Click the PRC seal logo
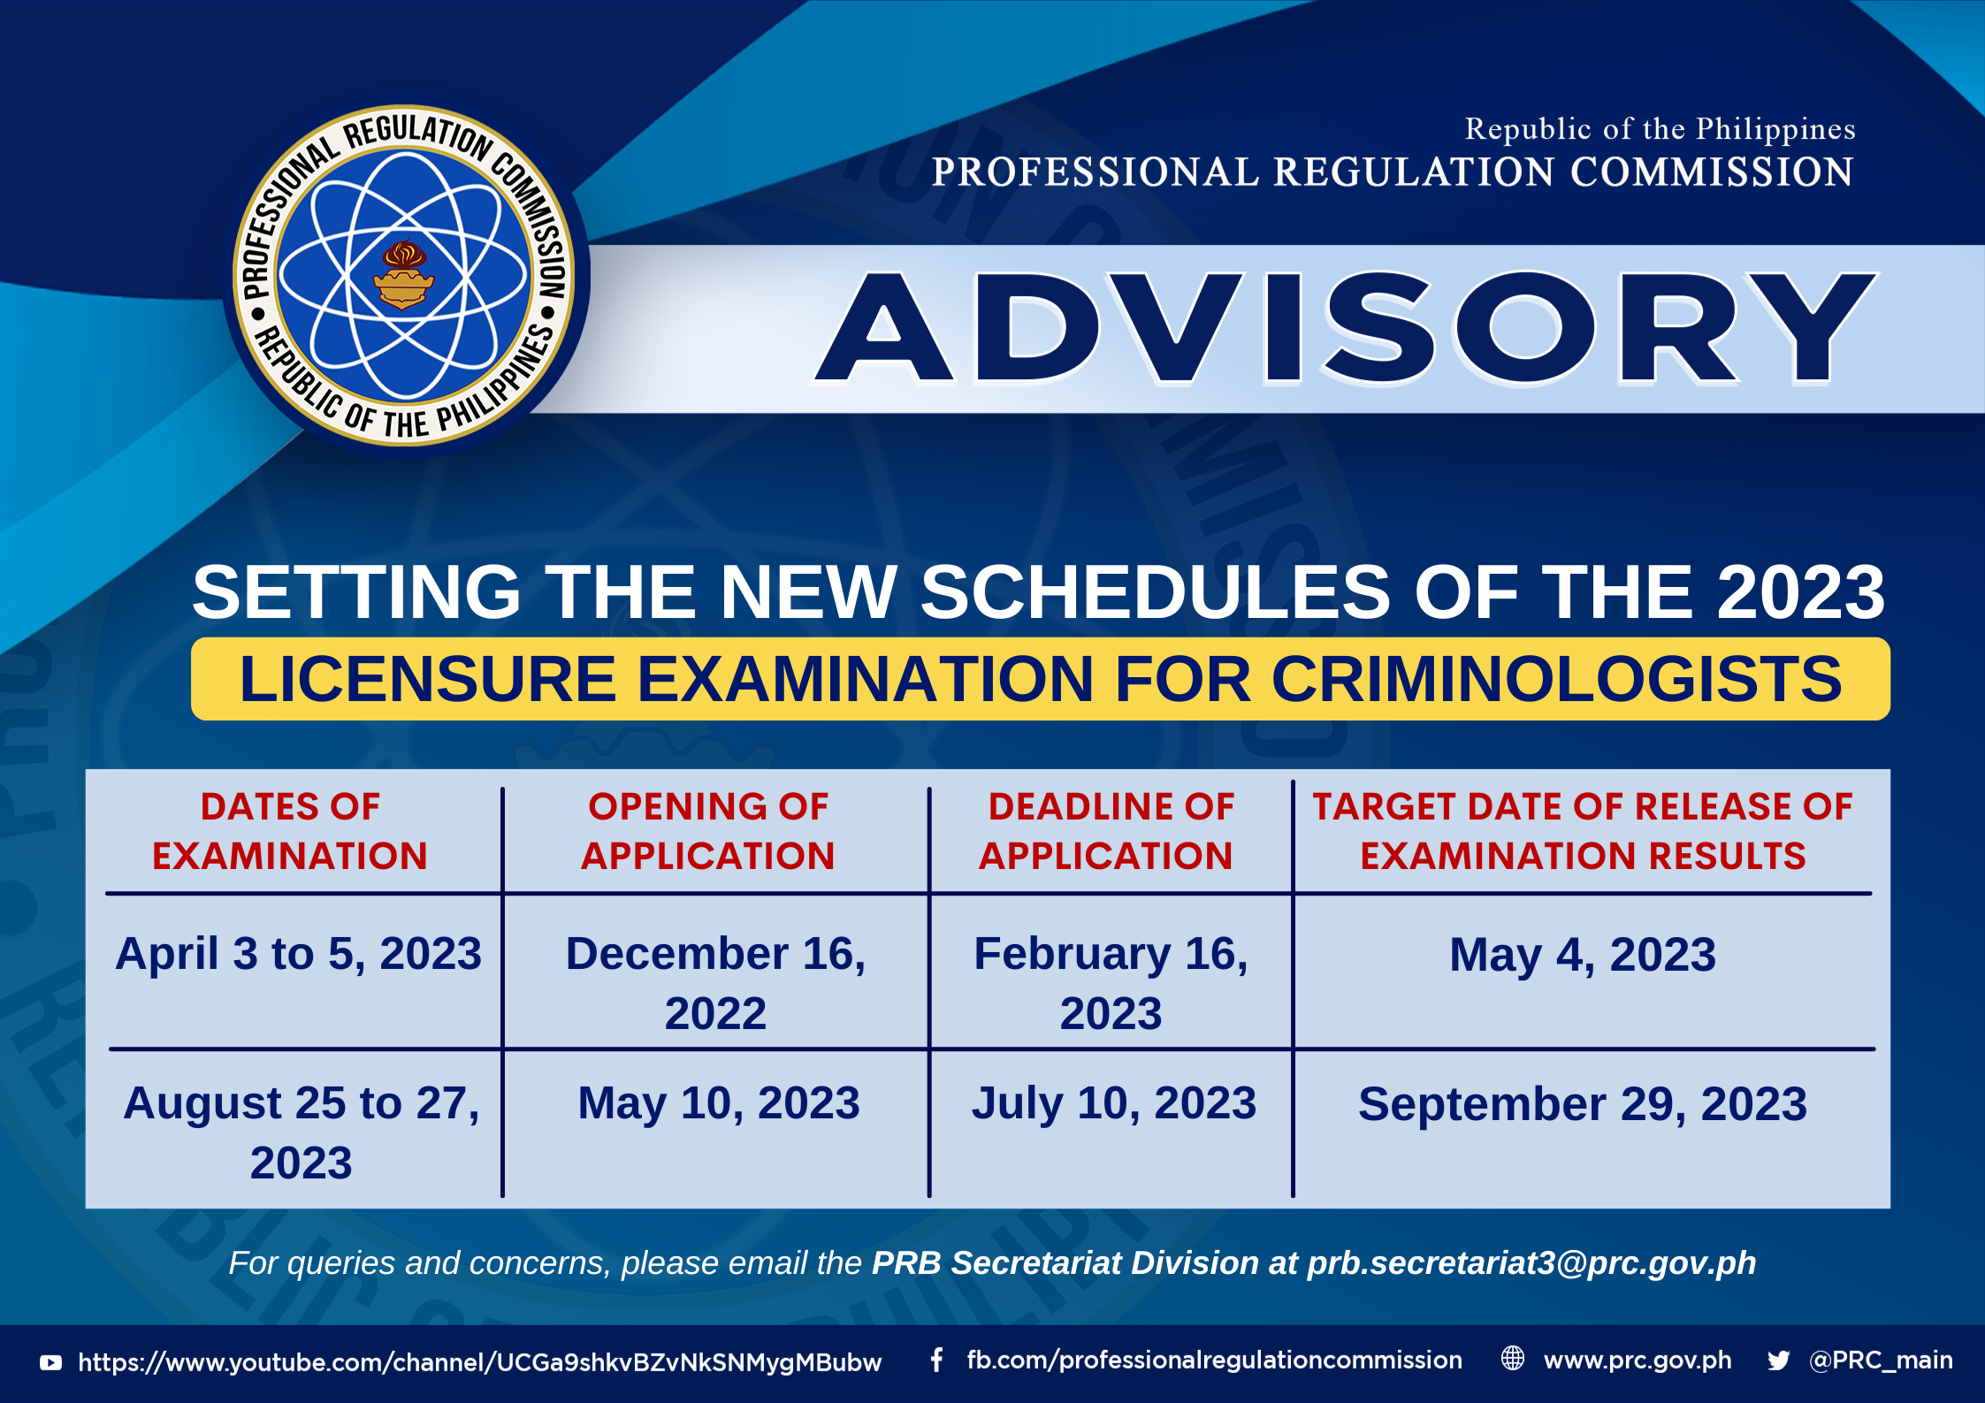click(x=404, y=276)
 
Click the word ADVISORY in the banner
click(x=1345, y=328)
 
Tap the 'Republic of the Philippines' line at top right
click(x=1660, y=129)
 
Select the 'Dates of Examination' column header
click(x=290, y=831)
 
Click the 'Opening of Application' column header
click(x=708, y=831)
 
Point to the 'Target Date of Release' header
click(x=1583, y=831)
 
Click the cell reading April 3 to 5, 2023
click(x=299, y=954)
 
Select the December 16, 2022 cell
click(x=716, y=983)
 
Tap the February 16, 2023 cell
click(x=1111, y=983)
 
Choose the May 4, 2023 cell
click(x=1583, y=955)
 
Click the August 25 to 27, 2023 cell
click(x=302, y=1132)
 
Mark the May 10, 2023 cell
click(x=719, y=1103)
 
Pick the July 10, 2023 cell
click(x=1114, y=1103)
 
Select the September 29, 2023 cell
click(x=1583, y=1104)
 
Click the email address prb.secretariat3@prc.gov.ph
click(x=1531, y=1263)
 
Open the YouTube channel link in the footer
click(x=480, y=1362)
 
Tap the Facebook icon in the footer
click(x=936, y=1360)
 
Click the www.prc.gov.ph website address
click(x=1638, y=1361)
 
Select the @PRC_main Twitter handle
click(x=1881, y=1361)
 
